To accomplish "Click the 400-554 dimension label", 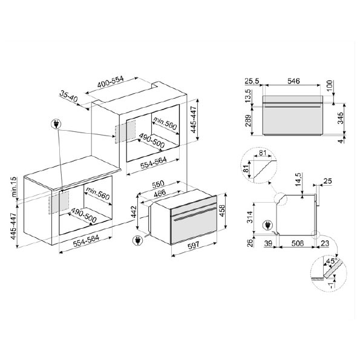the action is point(111,82).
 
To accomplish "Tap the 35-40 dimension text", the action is point(68,97).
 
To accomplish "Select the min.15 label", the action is point(15,187).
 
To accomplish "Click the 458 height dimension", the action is point(222,211).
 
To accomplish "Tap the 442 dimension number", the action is point(134,212).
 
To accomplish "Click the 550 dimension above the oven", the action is point(158,185).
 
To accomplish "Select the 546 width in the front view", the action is point(293,81).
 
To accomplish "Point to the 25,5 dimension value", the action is point(252,81).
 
